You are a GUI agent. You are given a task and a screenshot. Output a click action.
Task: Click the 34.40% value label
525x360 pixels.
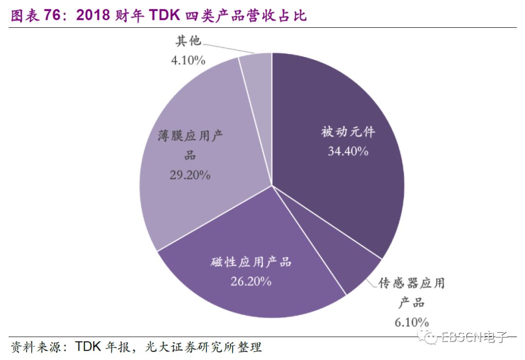tap(348, 151)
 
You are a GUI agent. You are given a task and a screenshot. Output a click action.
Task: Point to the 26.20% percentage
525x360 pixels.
tap(251, 281)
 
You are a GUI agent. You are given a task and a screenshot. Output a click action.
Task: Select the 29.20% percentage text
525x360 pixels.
tap(190, 175)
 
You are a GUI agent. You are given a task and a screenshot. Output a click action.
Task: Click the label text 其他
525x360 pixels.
tap(188, 41)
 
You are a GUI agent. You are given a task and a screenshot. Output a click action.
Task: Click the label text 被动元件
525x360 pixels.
tap(348, 132)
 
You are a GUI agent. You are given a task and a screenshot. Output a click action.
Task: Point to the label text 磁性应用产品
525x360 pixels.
tap(251, 262)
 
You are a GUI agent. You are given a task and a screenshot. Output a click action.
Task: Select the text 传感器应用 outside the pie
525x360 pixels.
tap(411, 283)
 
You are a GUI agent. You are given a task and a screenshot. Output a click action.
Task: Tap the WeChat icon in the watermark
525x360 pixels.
tap(430, 337)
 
